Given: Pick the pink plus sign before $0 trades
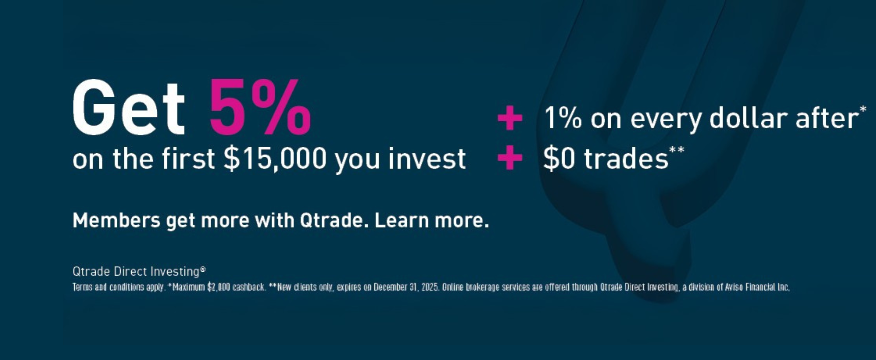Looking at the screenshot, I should [510, 157].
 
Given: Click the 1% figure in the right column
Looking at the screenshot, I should [563, 119].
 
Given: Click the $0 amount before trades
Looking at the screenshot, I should [559, 159].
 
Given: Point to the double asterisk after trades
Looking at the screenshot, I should [676, 150].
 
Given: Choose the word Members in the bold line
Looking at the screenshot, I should [116, 221].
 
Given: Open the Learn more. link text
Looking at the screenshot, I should [431, 221].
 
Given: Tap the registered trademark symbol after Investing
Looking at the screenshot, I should [203, 269].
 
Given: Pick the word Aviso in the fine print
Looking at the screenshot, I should [734, 288].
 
